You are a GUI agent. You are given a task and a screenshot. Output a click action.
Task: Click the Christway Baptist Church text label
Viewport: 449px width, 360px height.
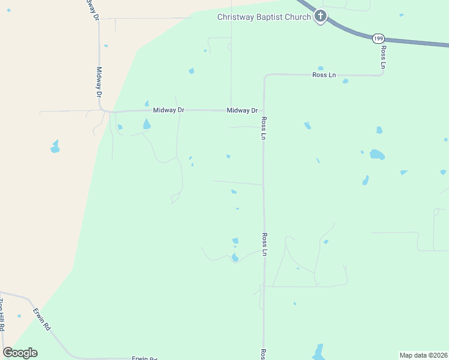[x=264, y=17]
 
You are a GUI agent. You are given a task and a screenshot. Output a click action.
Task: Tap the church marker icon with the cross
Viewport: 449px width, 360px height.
[x=321, y=16]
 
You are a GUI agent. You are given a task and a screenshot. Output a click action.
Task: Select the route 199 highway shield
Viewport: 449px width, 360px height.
[x=378, y=38]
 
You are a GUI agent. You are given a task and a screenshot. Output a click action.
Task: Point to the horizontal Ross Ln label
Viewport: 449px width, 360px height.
[x=324, y=75]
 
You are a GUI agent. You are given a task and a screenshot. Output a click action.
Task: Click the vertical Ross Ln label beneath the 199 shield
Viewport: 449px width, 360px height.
[x=383, y=56]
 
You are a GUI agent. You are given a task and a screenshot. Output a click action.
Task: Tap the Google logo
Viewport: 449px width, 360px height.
[x=20, y=353]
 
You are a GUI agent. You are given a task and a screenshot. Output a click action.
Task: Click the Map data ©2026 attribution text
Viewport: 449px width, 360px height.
[x=424, y=355]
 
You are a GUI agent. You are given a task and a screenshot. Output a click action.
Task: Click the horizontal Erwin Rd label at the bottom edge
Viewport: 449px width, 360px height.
[x=145, y=358]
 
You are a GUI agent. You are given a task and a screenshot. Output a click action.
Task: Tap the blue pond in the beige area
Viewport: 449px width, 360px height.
[x=55, y=146]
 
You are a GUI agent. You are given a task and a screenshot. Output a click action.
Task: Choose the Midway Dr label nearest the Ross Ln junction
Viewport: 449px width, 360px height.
[x=242, y=110]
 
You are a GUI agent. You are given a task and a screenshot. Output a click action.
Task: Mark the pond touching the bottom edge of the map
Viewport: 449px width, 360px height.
[x=318, y=352]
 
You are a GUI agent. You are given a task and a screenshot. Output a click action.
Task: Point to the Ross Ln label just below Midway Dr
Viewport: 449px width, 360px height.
[x=263, y=128]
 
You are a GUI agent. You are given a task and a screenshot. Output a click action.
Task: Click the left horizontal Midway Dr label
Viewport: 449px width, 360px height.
[x=168, y=110]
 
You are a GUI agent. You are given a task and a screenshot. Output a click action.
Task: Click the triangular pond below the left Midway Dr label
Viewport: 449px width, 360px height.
[x=146, y=124]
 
